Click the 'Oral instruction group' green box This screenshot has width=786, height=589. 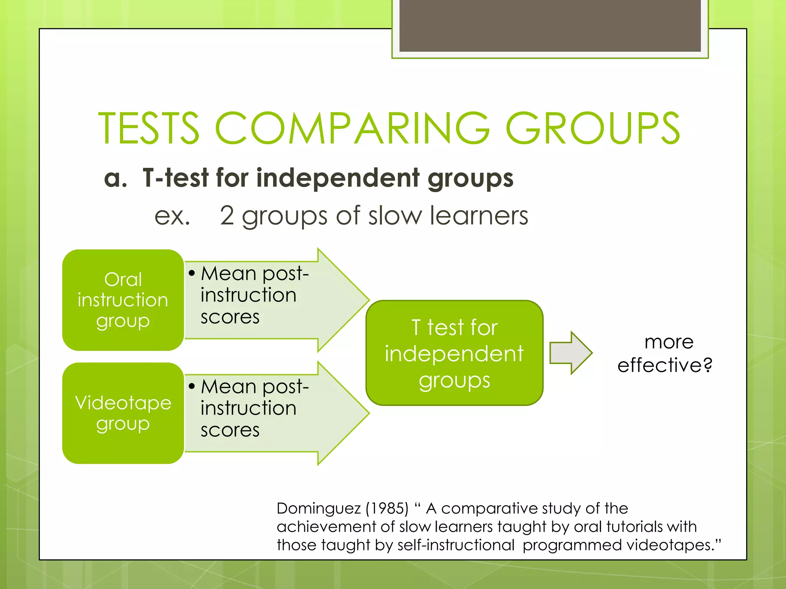pos(123,300)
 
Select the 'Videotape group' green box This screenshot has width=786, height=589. pos(123,413)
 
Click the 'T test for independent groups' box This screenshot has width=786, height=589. pos(454,353)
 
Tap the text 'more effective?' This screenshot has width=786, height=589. pos(665,353)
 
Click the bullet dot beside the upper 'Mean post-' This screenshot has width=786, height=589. pos(192,273)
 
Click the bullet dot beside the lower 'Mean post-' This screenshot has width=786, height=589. pos(192,386)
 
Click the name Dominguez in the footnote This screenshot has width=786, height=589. pos(319,508)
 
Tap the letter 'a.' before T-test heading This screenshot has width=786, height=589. pos(115,178)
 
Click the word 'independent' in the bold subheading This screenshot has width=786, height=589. pos(338,178)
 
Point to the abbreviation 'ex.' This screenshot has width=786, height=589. pos(172,216)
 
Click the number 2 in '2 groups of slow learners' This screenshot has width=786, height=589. pos(227,216)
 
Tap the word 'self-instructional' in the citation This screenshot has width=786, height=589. pos(456,545)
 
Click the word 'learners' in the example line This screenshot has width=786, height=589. pos(479,216)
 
